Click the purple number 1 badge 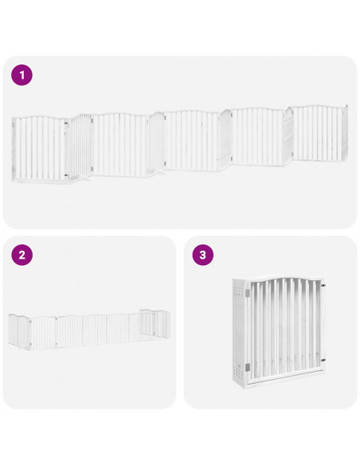click(22, 76)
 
